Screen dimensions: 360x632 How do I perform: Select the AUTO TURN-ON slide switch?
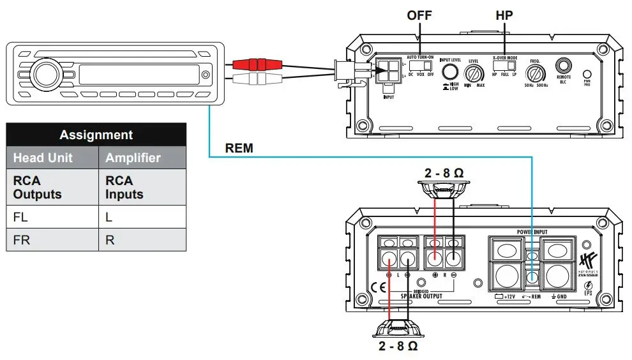(421, 66)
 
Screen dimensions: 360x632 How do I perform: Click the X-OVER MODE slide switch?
(505, 66)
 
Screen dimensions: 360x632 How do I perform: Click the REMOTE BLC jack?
(562, 66)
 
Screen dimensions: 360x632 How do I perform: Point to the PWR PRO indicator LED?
(587, 74)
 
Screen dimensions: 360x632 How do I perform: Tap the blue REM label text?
(239, 149)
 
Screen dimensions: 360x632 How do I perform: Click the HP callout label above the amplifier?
(504, 15)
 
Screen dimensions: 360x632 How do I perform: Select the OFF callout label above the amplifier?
(420, 15)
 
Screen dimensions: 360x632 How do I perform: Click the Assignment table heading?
(96, 135)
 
